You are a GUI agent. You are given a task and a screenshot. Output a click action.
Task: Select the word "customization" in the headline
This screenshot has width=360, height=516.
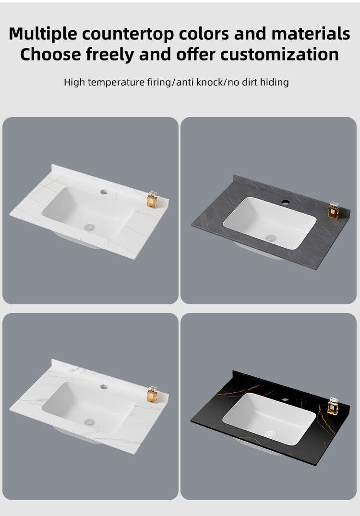click(279, 54)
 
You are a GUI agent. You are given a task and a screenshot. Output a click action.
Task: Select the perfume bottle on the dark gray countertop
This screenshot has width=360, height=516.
click(334, 210)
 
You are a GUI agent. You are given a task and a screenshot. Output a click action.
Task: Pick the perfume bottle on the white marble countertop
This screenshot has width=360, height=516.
click(152, 395)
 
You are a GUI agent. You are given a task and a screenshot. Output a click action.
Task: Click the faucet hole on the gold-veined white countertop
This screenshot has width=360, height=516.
click(104, 192)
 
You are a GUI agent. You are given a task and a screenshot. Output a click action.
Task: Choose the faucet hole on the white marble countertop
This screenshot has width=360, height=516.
click(104, 387)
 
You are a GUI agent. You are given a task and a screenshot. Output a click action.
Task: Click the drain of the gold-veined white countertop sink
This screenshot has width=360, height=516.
click(89, 227)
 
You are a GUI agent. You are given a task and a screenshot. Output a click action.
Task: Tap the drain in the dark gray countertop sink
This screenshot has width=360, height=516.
click(271, 238)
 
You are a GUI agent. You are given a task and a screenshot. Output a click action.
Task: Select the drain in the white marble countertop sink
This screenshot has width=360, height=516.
click(89, 422)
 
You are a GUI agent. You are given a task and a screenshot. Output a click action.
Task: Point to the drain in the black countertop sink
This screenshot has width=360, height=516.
click(271, 434)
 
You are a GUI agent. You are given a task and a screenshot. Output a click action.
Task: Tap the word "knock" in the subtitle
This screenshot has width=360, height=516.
click(209, 82)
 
